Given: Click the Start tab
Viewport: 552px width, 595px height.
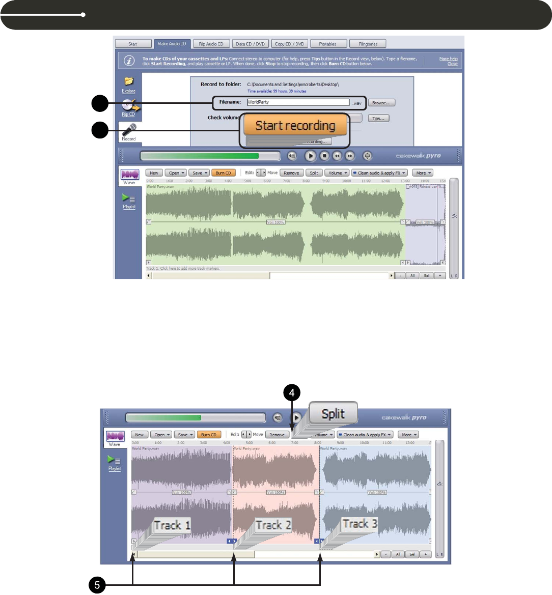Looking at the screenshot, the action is tap(133, 44).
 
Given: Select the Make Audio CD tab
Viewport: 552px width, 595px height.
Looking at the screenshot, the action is tap(172, 44).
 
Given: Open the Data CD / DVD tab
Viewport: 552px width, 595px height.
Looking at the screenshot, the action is tap(250, 44).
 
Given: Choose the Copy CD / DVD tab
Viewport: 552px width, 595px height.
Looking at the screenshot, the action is tap(289, 44).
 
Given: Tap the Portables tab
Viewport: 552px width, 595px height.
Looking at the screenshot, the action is tap(328, 44).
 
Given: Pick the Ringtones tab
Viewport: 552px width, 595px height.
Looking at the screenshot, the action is tap(368, 44).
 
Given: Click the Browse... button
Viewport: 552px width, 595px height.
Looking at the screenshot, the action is tap(381, 103).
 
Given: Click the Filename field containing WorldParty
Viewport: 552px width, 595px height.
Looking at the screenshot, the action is tap(298, 102).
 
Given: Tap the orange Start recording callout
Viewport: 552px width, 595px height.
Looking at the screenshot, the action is tap(295, 125).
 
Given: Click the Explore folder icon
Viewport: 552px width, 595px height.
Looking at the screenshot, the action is tap(129, 81).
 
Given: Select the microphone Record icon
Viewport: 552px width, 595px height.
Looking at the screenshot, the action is tap(129, 129).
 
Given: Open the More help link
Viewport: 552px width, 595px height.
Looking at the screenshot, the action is tap(448, 59).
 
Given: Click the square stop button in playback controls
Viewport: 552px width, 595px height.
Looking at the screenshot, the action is tap(324, 156).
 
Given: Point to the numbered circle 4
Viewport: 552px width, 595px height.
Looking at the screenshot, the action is tap(292, 393).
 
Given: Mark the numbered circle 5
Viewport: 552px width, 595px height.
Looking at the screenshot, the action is tap(97, 585).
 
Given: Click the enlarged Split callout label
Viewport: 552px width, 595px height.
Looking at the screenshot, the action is tap(333, 414).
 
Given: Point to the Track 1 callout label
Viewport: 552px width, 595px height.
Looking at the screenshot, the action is tap(172, 525).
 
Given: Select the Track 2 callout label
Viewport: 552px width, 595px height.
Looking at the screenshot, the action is tap(273, 525).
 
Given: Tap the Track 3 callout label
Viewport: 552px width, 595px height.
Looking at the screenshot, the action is tap(360, 524).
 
